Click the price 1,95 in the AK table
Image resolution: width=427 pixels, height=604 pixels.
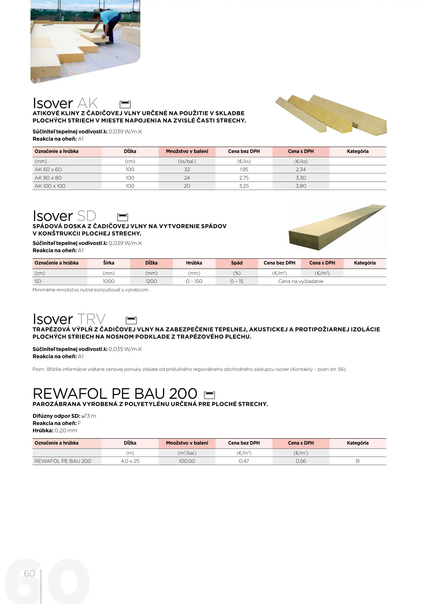click(244, 169)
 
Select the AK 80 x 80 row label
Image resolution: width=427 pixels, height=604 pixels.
click(48, 178)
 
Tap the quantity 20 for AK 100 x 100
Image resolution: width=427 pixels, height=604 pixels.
click(187, 186)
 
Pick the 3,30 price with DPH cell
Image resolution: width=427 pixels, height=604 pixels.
click(301, 178)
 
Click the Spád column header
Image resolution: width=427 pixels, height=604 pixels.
click(237, 263)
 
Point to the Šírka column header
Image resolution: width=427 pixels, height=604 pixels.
click(108, 263)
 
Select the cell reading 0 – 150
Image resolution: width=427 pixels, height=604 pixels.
click(194, 281)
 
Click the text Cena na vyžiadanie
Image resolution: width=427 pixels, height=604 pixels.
click(301, 281)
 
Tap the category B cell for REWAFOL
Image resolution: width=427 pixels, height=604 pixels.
click(358, 461)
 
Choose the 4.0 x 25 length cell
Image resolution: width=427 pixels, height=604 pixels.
click(130, 461)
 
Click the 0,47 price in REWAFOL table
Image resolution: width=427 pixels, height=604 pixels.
click(244, 461)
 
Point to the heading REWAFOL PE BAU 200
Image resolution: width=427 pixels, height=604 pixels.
click(115, 394)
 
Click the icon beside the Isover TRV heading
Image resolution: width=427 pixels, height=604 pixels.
click(131, 320)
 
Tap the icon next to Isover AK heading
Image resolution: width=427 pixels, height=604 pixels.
click(125, 104)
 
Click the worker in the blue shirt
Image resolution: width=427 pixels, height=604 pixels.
click(108, 27)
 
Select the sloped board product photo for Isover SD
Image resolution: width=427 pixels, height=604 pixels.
click(337, 228)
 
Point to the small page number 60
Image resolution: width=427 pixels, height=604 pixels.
click(29, 574)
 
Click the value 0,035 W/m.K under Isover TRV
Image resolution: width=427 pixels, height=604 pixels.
click(125, 349)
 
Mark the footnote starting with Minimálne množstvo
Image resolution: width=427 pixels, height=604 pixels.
click(91, 290)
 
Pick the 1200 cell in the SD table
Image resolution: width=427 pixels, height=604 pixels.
click(151, 281)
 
